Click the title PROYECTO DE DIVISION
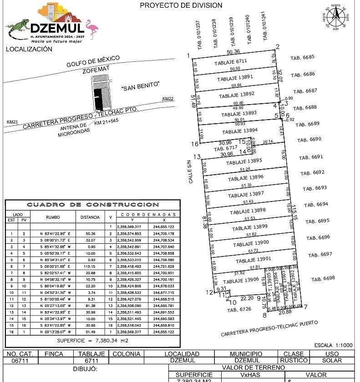click(181, 5)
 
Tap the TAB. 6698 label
click(323, 278)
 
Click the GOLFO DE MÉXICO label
click(93, 61)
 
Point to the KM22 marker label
click(168, 99)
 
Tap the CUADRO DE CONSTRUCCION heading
click(92, 205)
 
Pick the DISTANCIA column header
click(90, 217)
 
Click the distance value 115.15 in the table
click(90, 266)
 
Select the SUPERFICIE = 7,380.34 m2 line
click(92, 340)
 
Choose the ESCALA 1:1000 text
click(333, 345)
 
